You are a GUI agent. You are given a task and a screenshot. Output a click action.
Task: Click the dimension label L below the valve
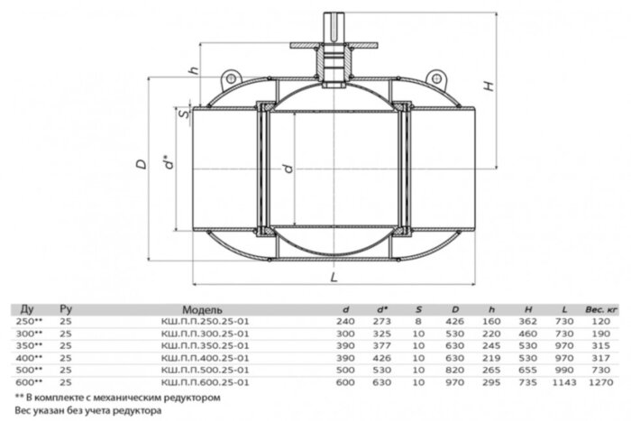click(334, 277)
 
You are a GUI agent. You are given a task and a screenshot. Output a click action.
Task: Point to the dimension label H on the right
click(489, 86)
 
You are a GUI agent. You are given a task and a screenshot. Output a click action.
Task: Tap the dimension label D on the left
click(142, 164)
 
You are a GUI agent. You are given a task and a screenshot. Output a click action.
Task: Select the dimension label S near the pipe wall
click(184, 114)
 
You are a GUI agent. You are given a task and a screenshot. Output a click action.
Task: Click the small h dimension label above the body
click(195, 70)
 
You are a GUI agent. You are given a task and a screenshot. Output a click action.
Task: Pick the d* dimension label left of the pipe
click(169, 161)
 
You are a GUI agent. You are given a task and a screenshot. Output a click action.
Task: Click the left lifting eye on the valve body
click(231, 78)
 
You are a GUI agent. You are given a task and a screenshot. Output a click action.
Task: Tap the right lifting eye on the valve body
click(436, 78)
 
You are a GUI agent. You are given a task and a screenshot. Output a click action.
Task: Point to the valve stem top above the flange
click(334, 26)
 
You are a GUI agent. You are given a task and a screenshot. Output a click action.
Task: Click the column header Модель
click(202, 309)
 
